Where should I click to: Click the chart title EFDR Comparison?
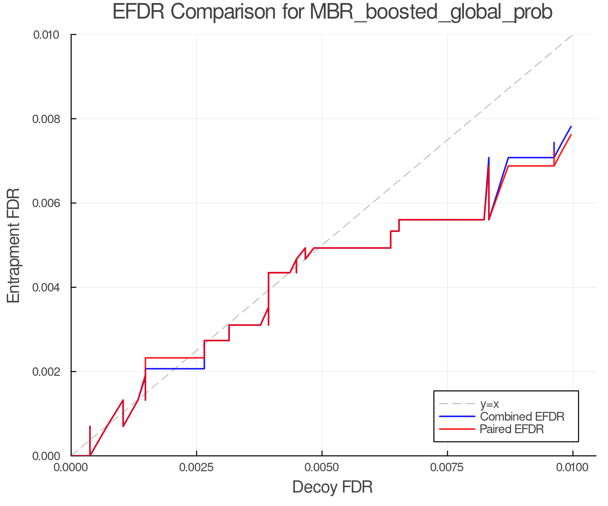[332, 12]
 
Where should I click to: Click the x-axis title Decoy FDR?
[332, 487]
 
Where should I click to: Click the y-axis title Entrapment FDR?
[14, 245]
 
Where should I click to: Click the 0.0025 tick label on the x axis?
[197, 468]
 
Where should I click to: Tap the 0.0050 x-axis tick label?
[322, 468]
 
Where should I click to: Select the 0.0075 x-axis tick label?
[447, 468]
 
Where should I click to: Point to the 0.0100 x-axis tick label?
[573, 468]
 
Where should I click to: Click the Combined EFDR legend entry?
[522, 417]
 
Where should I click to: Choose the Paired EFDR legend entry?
[511, 429]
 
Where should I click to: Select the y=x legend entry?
[489, 404]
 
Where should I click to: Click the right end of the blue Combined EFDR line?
[571, 126]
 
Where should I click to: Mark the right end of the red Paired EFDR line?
[571, 135]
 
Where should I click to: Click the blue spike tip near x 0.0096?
[554, 143]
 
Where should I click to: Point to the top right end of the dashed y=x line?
[572, 35]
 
